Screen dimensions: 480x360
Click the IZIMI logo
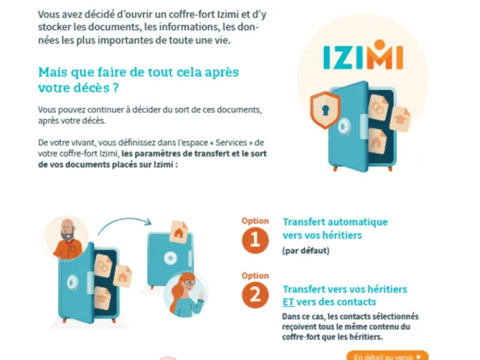[363, 55]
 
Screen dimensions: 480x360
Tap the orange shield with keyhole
[325, 109]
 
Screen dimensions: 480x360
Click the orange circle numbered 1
[255, 240]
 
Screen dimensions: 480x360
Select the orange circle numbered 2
[255, 295]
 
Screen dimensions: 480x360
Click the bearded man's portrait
[67, 238]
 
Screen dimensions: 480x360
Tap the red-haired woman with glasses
[185, 295]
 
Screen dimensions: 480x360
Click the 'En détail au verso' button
[387, 355]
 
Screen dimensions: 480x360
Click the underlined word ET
[288, 301]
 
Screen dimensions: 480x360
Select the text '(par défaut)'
[305, 250]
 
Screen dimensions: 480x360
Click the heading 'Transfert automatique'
[335, 222]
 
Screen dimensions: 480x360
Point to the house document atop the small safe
[179, 232]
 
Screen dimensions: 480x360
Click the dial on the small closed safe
[170, 258]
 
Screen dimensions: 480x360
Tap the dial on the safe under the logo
[344, 126]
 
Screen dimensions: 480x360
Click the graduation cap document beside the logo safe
[400, 118]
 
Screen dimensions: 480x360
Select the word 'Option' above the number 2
[255, 276]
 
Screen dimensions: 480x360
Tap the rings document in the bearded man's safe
[103, 266]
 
